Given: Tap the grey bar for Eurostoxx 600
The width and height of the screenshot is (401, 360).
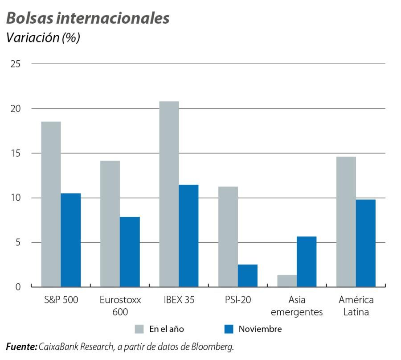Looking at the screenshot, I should (x=110, y=223).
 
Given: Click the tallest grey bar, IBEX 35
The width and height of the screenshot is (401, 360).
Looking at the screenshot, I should (x=169, y=194).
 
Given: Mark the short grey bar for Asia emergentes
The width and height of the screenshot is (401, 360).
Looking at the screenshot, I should (x=287, y=281).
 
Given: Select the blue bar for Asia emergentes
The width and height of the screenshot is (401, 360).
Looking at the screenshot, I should (x=307, y=261).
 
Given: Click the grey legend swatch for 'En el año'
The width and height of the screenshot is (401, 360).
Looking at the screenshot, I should (x=140, y=329).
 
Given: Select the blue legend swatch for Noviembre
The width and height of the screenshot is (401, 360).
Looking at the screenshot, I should (x=229, y=329).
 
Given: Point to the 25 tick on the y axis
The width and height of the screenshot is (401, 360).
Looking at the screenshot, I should (x=15, y=64).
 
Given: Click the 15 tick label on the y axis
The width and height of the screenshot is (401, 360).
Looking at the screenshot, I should (x=15, y=153).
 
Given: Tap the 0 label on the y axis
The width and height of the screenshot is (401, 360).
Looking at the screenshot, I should (x=18, y=287).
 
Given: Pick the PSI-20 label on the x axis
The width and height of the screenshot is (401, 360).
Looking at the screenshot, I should (x=237, y=300).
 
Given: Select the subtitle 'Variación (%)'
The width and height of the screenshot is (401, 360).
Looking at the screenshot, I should (x=43, y=38).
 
